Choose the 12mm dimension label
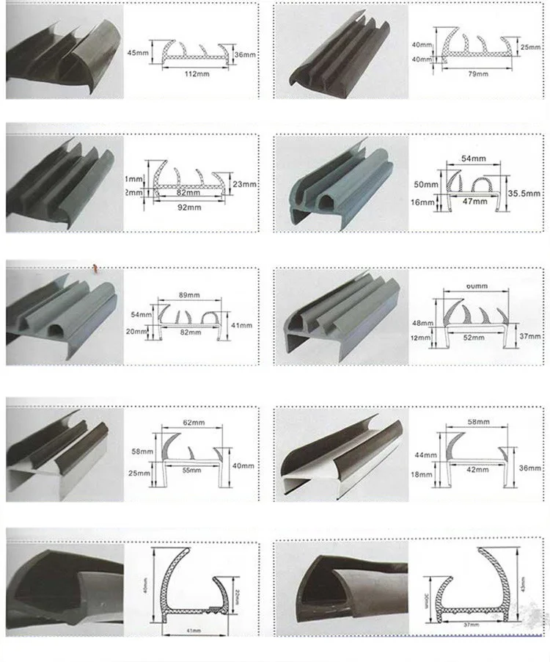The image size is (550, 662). pyautogui.click(x=422, y=338)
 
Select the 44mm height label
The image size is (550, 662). pyautogui.click(x=425, y=456)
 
